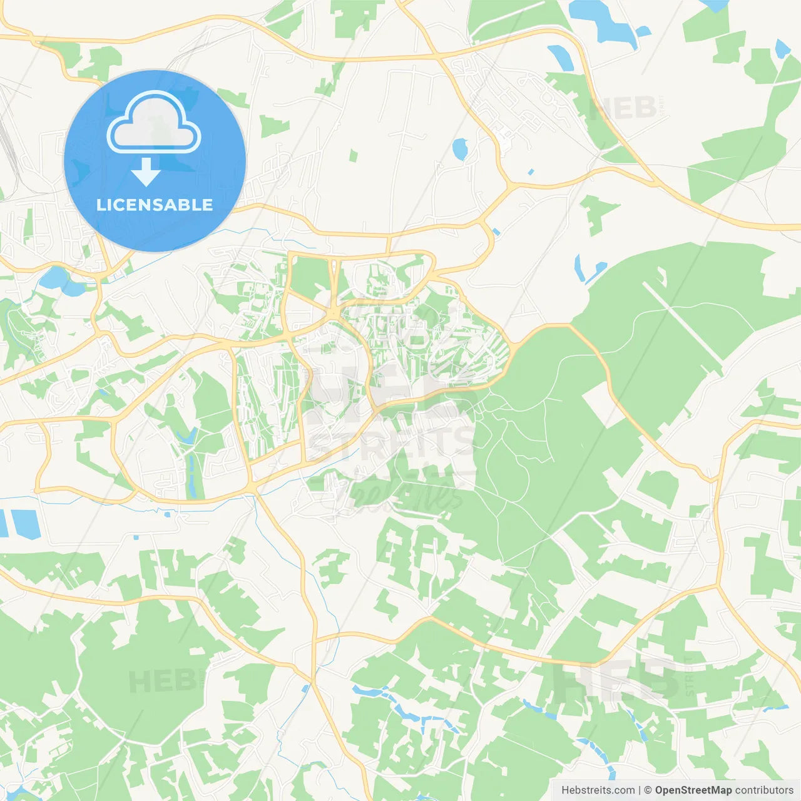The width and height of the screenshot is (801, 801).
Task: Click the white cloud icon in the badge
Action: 154,122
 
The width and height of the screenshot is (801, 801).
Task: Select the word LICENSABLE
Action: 155,205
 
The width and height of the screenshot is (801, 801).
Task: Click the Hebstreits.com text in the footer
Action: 598,790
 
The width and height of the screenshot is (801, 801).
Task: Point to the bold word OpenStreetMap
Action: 693,790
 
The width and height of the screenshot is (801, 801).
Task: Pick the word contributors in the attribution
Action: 764,790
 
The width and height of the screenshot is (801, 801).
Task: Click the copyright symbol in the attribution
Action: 648,790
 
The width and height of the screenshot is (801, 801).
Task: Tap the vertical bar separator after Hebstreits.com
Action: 640,790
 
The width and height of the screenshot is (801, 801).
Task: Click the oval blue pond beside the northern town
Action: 460,148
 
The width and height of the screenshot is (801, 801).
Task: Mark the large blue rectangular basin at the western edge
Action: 25,524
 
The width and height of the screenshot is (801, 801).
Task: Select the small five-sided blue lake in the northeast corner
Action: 782,48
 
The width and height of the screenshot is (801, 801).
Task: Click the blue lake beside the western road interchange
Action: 59,280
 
